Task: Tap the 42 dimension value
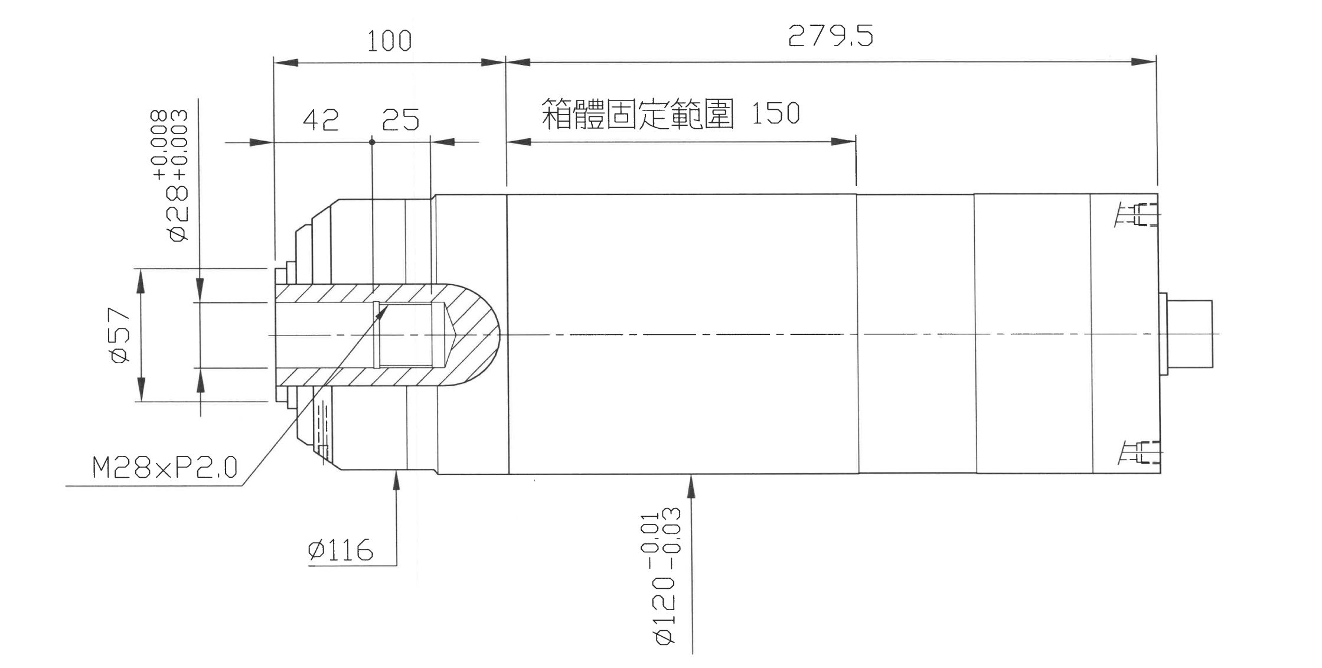(321, 120)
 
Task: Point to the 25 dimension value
(400, 120)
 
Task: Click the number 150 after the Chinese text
(775, 113)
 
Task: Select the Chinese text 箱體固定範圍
(638, 114)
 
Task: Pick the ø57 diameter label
(120, 335)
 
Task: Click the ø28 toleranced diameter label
(172, 175)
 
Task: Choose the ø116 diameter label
(341, 550)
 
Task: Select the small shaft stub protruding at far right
(1189, 335)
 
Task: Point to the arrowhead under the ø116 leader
(396, 481)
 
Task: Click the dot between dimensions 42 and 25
(372, 142)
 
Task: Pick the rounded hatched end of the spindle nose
(475, 335)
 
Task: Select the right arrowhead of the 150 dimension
(844, 142)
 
